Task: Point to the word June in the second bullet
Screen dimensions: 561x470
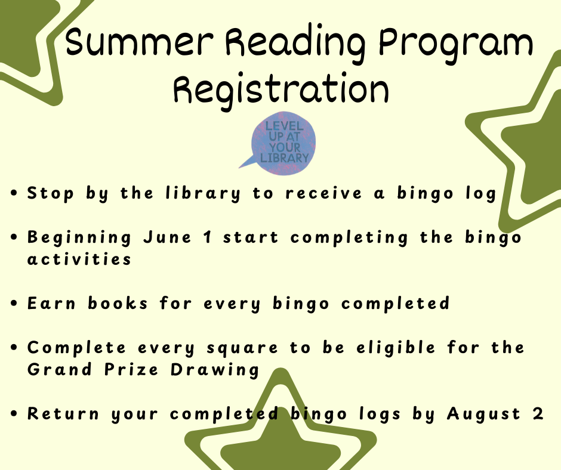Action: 168,237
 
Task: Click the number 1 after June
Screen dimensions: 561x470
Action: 208,237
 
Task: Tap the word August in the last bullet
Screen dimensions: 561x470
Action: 483,414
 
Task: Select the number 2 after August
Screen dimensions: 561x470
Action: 538,413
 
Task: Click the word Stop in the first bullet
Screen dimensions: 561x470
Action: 51,194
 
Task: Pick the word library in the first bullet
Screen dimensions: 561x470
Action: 203,194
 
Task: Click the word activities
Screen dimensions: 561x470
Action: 79,259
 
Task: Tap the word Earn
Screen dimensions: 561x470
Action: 51,304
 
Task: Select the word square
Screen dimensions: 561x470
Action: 242,348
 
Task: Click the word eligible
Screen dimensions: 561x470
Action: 396,348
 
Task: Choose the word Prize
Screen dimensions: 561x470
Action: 131,369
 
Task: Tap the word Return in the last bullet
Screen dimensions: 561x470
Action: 63,414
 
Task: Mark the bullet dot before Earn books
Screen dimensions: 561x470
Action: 14,304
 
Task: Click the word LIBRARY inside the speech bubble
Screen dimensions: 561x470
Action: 285,157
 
